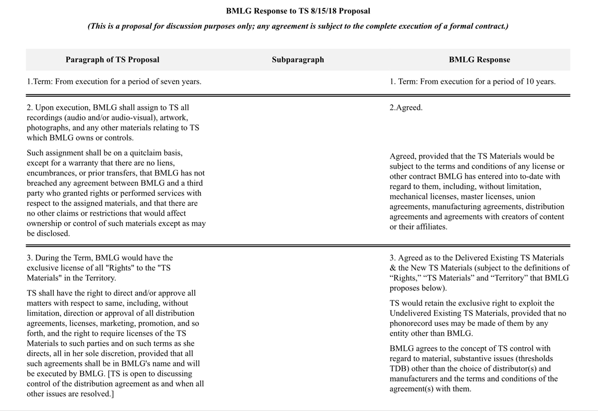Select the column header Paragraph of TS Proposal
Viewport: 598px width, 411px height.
coord(112,60)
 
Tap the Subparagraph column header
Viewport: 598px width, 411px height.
coord(298,60)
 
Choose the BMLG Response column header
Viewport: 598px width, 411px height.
coord(479,60)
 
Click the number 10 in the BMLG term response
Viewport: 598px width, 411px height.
coord(524,82)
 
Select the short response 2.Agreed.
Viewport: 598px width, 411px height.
coord(406,108)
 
